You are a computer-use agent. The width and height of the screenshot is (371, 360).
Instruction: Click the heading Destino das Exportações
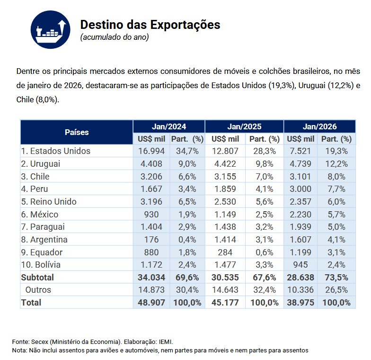(x=150, y=25)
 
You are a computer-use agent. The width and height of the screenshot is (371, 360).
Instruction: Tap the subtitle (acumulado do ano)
(x=114, y=37)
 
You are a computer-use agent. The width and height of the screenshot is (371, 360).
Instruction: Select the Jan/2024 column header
(x=168, y=126)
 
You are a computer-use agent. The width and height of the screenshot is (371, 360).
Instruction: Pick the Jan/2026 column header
(x=319, y=126)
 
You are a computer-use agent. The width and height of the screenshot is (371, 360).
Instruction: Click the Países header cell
(x=77, y=132)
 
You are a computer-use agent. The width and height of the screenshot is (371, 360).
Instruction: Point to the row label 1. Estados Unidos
(x=56, y=151)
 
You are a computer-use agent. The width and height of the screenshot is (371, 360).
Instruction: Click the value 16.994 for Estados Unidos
(x=151, y=151)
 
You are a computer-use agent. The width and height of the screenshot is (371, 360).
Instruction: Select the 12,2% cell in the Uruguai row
(x=336, y=164)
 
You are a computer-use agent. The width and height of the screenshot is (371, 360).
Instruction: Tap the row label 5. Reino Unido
(x=49, y=202)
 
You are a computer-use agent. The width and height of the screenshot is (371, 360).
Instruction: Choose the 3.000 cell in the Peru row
(x=300, y=189)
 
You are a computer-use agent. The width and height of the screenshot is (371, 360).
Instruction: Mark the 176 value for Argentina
(x=151, y=240)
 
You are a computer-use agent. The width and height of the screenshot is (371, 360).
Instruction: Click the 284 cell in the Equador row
(x=225, y=252)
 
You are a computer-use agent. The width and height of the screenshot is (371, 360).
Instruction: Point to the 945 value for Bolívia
(x=300, y=265)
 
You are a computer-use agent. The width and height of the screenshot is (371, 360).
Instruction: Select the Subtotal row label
(x=37, y=277)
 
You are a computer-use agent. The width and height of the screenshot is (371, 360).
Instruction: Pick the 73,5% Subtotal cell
(x=336, y=277)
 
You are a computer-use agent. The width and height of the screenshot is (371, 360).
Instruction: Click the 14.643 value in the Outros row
(x=225, y=290)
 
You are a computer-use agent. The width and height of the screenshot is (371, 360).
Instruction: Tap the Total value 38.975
(x=300, y=302)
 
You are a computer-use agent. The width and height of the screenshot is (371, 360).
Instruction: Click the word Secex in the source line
(x=39, y=342)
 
